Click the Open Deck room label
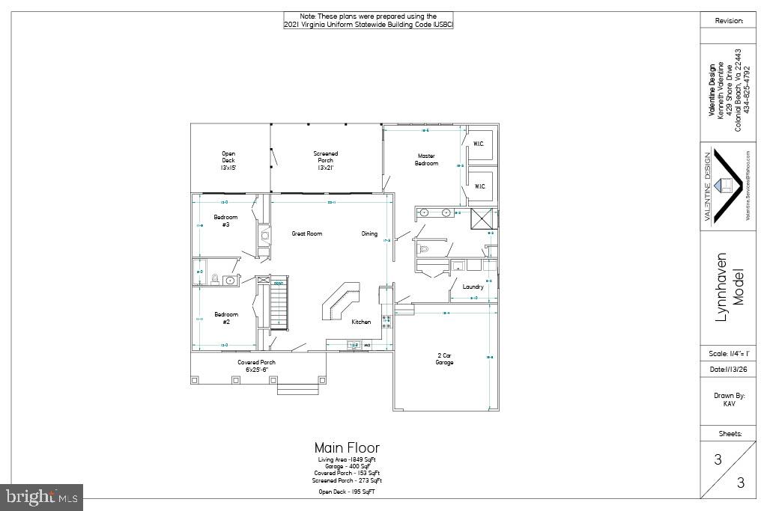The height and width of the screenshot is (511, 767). [228, 161]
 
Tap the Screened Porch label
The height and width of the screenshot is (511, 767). [325, 161]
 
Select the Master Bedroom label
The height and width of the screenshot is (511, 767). [427, 160]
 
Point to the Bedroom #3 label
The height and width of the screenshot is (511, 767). [226, 221]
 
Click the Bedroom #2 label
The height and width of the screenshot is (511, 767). [226, 317]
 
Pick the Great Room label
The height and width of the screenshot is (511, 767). [307, 233]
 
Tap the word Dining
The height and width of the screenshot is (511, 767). [369, 233]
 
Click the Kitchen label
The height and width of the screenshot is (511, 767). [361, 322]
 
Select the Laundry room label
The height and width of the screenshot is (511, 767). [473, 287]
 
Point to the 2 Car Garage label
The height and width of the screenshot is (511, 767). [445, 359]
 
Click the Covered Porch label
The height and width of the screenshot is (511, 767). [257, 366]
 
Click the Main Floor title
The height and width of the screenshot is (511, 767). [347, 449]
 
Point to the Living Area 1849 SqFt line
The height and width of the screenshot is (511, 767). [347, 459]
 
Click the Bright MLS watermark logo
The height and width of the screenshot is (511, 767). [42, 496]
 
